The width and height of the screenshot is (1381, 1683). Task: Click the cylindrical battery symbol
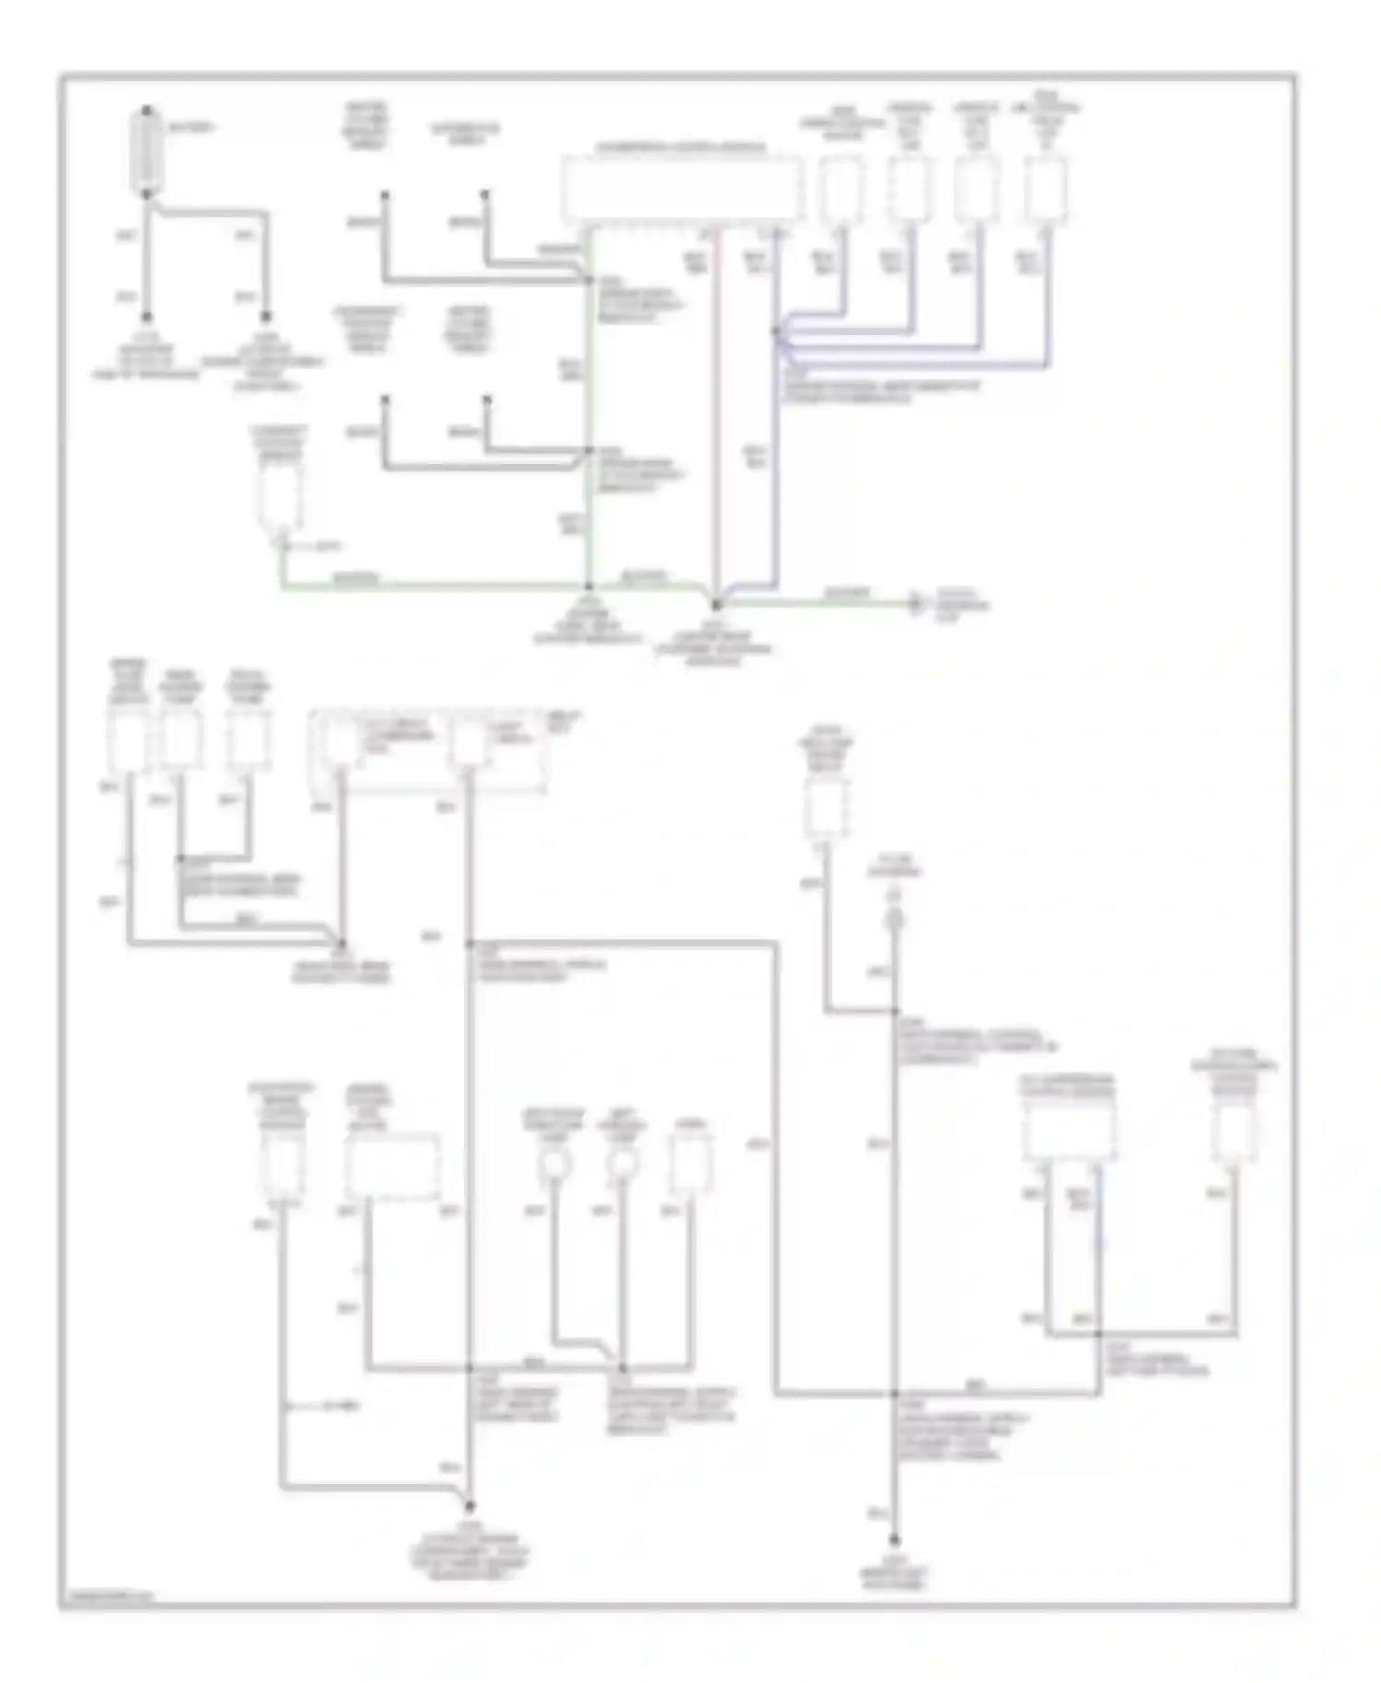pyautogui.click(x=147, y=153)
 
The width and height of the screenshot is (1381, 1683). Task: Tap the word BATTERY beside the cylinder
pyautogui.click(x=191, y=127)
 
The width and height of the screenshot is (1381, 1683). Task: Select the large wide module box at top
pyautogui.click(x=680, y=189)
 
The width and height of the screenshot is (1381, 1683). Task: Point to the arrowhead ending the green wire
pyautogui.click(x=915, y=605)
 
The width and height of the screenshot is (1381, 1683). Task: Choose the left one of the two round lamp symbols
pyautogui.click(x=555, y=1165)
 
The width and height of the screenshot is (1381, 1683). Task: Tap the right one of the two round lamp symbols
pyautogui.click(x=623, y=1165)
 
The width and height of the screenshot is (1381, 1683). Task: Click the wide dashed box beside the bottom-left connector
pyautogui.click(x=392, y=1167)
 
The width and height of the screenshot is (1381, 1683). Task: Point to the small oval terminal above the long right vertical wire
pyautogui.click(x=894, y=919)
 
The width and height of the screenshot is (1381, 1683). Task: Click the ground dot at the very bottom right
pyautogui.click(x=894, y=1539)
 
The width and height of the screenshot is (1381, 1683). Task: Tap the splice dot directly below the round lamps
pyautogui.click(x=623, y=1369)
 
